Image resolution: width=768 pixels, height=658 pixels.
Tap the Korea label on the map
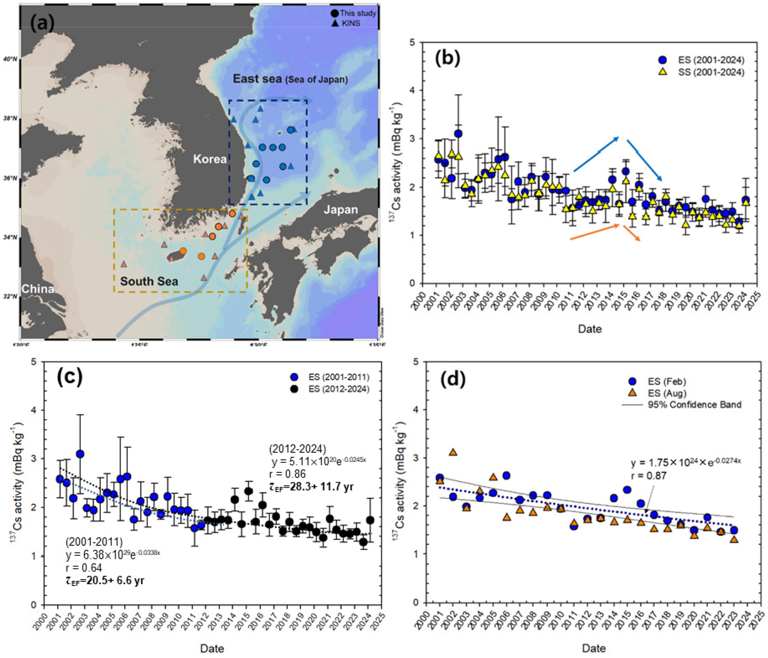pyautogui.click(x=210, y=159)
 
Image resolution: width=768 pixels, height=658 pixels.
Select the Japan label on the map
pyautogui.click(x=341, y=209)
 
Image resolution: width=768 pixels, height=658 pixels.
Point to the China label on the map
pyautogui.click(x=38, y=289)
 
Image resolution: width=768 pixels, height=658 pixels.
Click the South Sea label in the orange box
pyautogui.click(x=149, y=282)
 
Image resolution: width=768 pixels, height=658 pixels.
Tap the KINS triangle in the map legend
pyautogui.click(x=335, y=23)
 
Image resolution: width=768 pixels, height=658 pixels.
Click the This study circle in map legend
pyautogui.click(x=335, y=13)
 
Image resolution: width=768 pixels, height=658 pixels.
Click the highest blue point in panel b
pyautogui.click(x=458, y=134)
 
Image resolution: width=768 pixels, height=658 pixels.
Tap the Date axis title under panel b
pyautogui.click(x=589, y=329)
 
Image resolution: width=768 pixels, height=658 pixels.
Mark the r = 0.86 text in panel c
pyautogui.click(x=287, y=474)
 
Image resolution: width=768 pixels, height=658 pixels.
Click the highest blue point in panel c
pyautogui.click(x=80, y=454)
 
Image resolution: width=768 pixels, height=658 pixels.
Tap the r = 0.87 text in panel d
pyautogui.click(x=649, y=476)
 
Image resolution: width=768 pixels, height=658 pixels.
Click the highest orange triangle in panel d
pyautogui.click(x=453, y=452)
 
